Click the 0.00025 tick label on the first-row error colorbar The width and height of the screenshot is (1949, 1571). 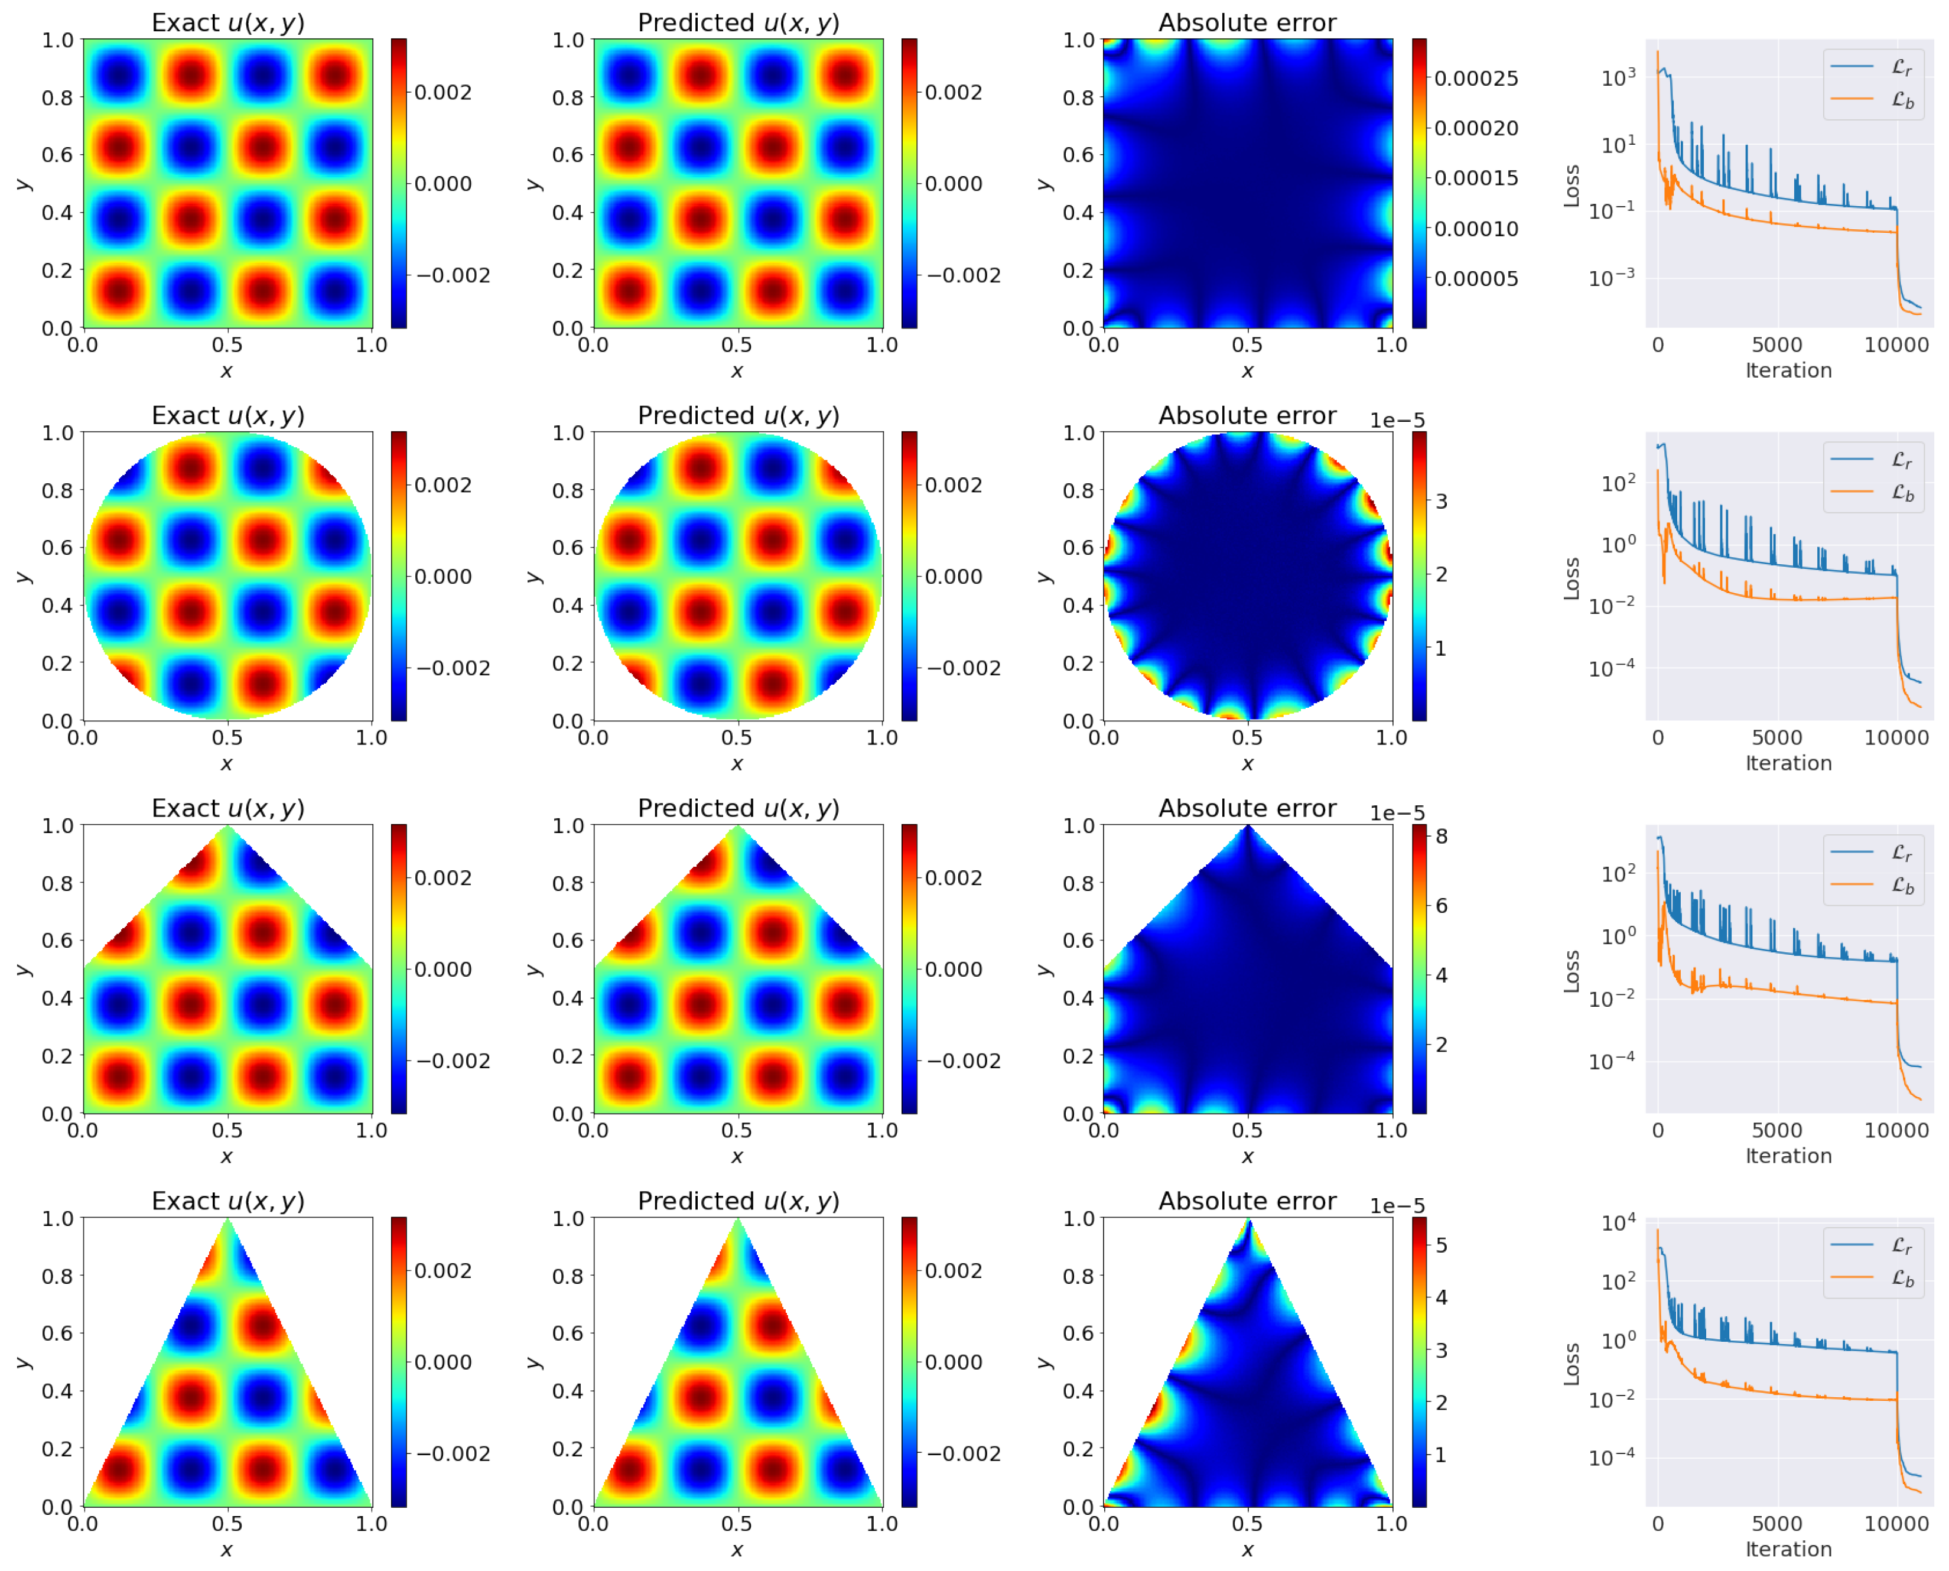coord(1476,79)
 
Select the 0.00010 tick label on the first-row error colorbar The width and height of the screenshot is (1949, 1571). coord(1476,229)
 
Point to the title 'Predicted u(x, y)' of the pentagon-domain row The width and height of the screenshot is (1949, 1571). coord(738,808)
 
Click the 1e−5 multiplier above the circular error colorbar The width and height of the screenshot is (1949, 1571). coord(1396,421)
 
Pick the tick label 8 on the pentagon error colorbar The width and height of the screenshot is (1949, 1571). coord(1442,836)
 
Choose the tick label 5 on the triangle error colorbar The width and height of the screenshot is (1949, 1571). coord(1442,1245)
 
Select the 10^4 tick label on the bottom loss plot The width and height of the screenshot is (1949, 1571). coord(1618,1224)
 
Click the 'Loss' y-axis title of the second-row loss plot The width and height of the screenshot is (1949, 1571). coord(1571,578)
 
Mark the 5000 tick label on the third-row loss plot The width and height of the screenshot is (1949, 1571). coord(1776,1130)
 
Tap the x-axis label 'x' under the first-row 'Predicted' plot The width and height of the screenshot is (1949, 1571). coord(737,371)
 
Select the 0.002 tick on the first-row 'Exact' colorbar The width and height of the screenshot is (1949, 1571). coord(442,92)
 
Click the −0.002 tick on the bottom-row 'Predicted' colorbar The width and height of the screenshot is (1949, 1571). coord(964,1453)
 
